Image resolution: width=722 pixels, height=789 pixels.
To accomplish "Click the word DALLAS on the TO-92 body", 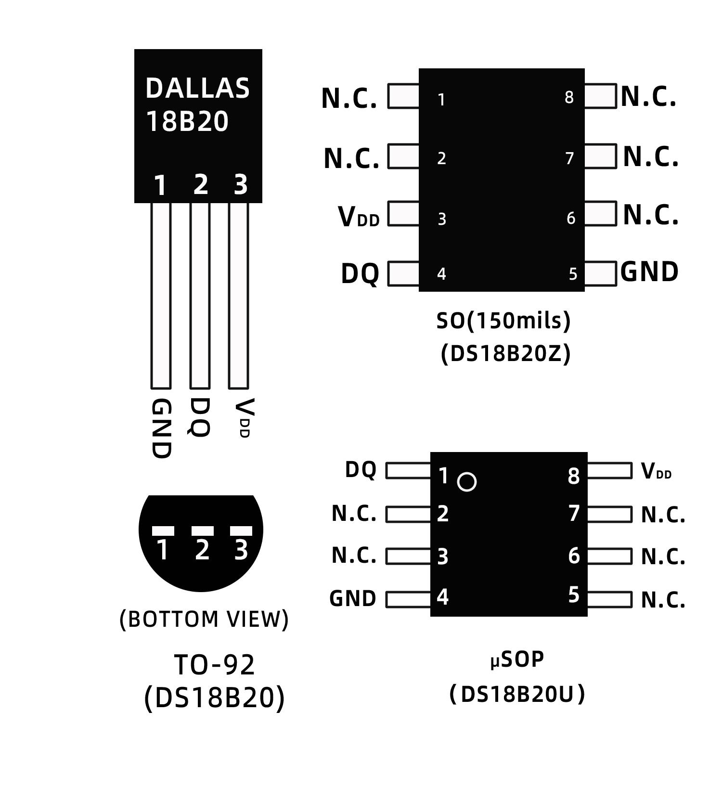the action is [197, 89].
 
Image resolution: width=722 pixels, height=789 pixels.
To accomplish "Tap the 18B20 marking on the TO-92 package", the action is [187, 121].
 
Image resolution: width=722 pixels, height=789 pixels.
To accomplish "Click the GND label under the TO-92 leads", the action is [161, 428].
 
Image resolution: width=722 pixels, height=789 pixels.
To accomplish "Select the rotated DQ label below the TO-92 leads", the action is [199, 417].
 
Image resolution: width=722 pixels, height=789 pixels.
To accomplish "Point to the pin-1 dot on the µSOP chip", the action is [467, 481].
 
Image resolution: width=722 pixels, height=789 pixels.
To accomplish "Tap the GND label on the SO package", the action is [649, 272].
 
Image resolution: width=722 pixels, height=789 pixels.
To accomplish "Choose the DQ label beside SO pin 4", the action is [360, 274].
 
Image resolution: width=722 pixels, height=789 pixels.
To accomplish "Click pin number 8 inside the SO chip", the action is [569, 98].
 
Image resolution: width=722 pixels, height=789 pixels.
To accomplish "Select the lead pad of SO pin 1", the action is [403, 96].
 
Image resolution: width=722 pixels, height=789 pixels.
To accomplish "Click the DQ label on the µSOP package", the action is [361, 470].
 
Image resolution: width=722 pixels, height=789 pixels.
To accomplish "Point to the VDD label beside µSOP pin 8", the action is [656, 471].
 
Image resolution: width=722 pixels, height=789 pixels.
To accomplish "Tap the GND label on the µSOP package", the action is [353, 599].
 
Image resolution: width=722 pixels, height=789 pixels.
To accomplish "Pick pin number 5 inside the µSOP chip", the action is [573, 595].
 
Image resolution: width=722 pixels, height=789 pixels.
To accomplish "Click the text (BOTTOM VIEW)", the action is [204, 619].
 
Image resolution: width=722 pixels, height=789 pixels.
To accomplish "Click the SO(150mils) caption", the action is [503, 321].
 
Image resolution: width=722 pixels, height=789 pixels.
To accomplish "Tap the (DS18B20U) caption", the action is [517, 694].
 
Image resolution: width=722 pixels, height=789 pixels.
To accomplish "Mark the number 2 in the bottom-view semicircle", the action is [202, 550].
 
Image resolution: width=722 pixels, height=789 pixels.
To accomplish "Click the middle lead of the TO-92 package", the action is [200, 296].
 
